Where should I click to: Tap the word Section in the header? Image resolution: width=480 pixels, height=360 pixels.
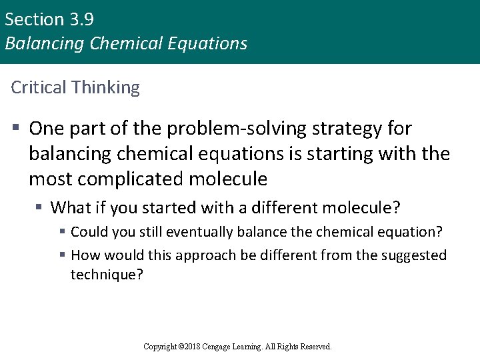(33, 19)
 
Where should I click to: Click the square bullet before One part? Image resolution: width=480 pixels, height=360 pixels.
(15, 127)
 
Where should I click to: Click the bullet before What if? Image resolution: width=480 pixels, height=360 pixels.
(39, 208)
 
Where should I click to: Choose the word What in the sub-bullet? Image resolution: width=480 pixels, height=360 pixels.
(70, 208)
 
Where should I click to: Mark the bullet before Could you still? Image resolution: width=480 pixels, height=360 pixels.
(61, 232)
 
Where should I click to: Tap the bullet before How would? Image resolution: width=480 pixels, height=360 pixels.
(61, 255)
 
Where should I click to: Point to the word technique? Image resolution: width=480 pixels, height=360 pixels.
(107, 274)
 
